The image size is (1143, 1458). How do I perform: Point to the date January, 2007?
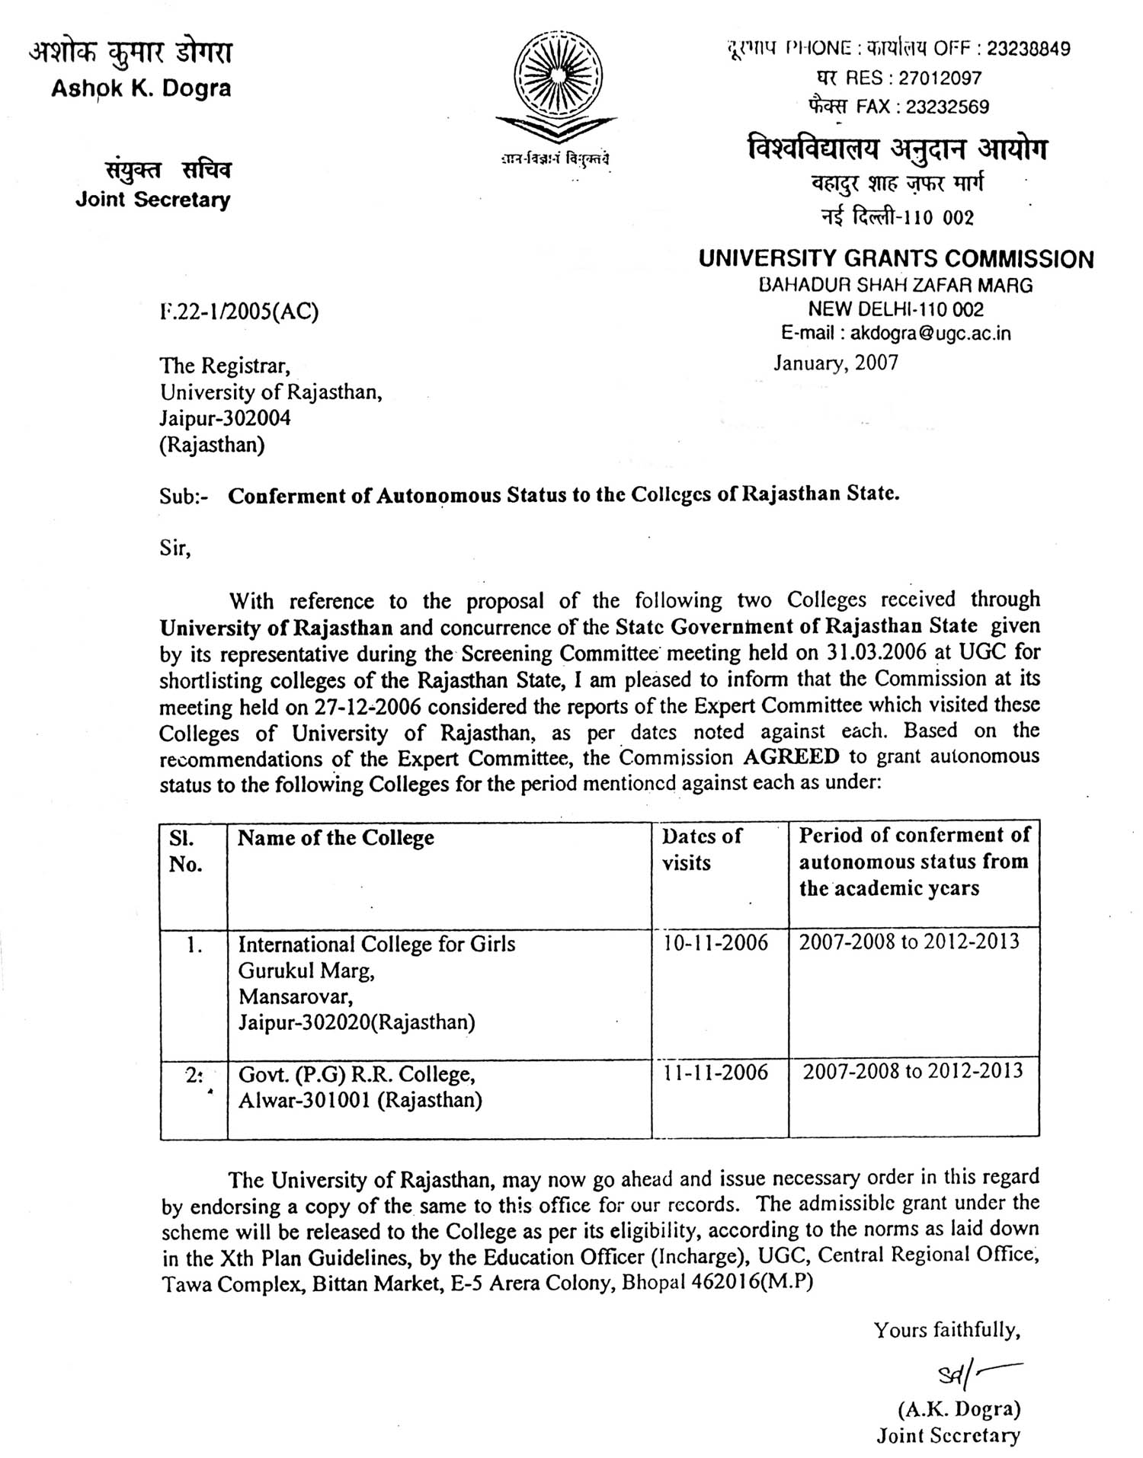coord(836,363)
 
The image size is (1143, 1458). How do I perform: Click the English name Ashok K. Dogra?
coord(141,89)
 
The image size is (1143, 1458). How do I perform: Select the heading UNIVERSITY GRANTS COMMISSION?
coord(895,260)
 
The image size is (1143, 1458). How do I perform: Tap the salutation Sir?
coord(175,548)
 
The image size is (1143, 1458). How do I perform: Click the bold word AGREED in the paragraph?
coord(791,756)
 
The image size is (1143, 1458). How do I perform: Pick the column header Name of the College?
coord(336,838)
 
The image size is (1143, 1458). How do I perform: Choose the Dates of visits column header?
coord(701,849)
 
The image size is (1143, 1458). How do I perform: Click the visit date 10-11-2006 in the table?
coord(716,943)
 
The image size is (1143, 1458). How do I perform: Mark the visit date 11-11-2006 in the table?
coord(716,1073)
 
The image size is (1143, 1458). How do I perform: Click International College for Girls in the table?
coord(376,945)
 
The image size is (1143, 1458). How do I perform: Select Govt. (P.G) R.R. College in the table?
coord(357,1074)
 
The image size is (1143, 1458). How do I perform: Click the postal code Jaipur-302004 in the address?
coord(225,418)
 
